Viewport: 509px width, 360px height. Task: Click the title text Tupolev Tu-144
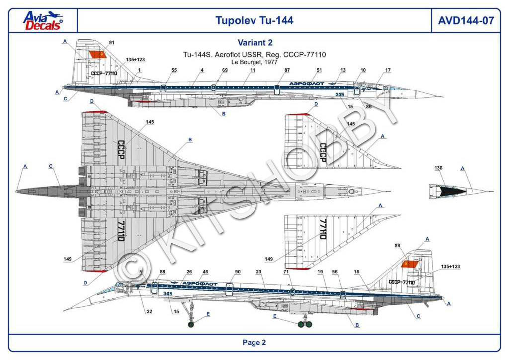(254, 20)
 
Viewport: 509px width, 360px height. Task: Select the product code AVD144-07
(466, 20)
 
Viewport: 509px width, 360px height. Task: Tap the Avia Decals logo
(43, 20)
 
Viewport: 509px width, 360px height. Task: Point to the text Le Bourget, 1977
(254, 62)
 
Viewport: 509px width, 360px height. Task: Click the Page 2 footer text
(254, 342)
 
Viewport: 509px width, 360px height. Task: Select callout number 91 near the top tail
(111, 43)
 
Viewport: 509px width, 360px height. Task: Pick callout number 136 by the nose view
(438, 168)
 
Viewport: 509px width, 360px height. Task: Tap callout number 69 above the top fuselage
(225, 70)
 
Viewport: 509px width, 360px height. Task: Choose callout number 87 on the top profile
(287, 70)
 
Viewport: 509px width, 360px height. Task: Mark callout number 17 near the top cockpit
(388, 70)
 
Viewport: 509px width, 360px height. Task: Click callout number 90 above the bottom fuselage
(238, 272)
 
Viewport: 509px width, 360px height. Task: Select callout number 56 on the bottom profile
(335, 272)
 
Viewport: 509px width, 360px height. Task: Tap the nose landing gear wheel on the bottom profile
(192, 326)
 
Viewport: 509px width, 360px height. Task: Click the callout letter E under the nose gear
(208, 314)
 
